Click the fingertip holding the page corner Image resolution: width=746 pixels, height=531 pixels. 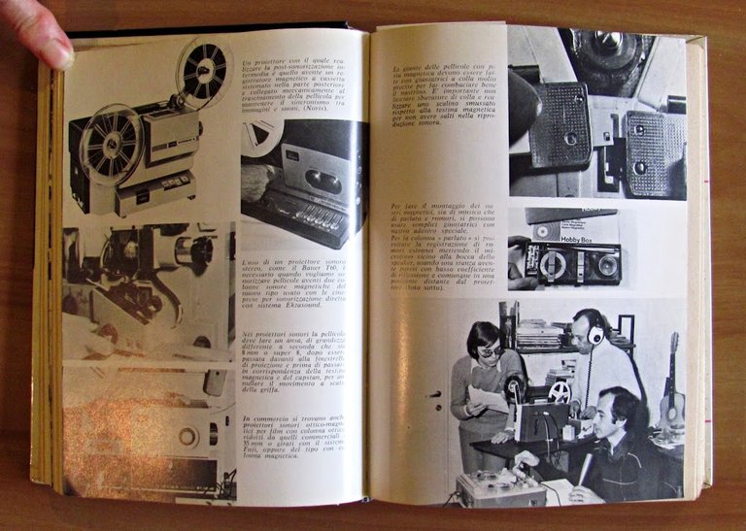pos(47,45)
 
